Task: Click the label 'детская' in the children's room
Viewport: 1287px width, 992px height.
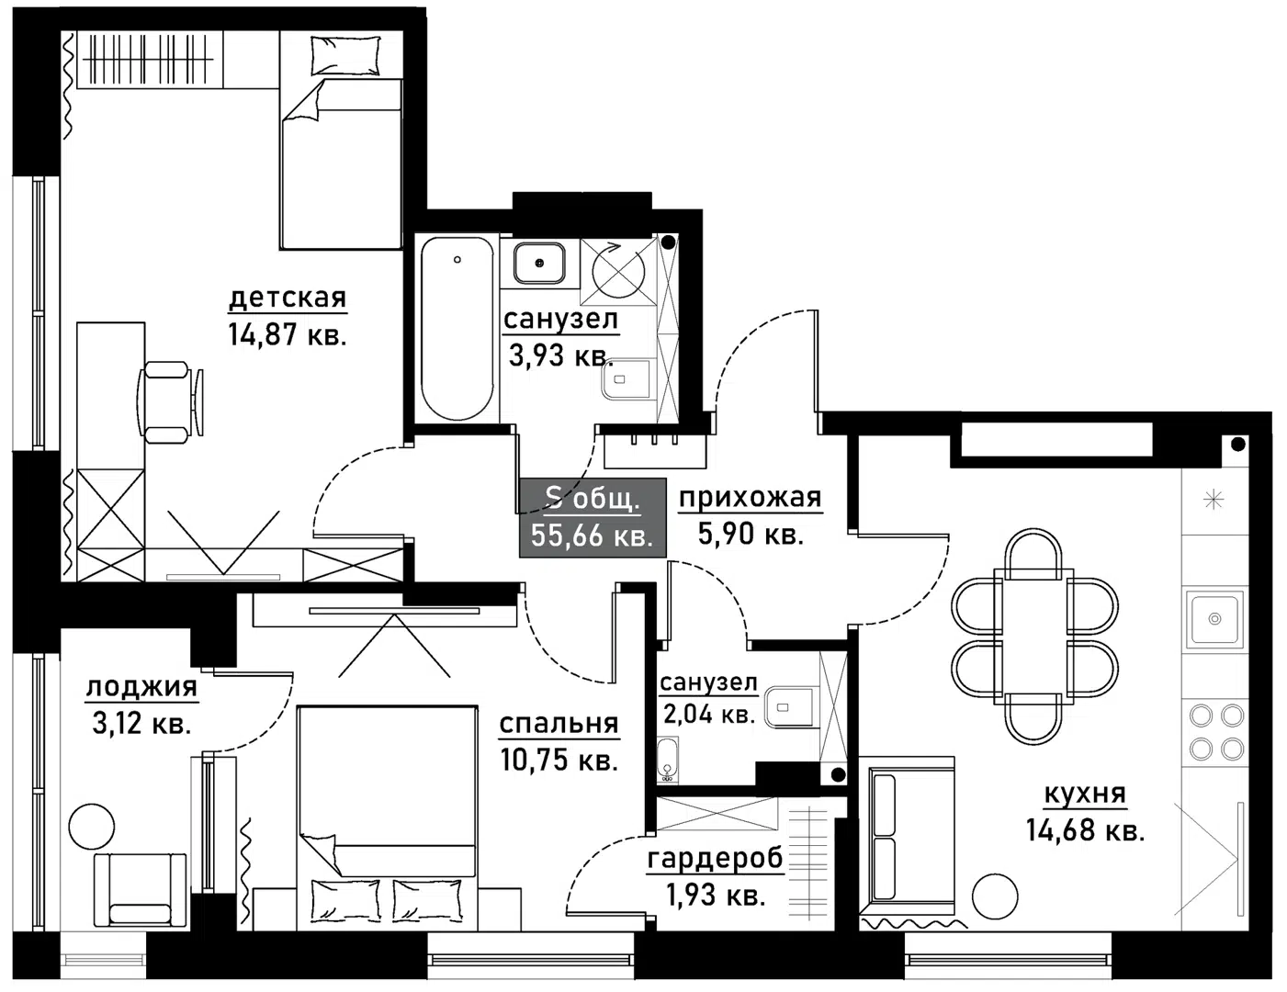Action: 287,298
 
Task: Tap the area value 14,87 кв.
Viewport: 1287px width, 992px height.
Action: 287,334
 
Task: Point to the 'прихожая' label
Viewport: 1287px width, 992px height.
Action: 750,498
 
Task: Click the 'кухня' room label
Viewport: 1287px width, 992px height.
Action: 1085,794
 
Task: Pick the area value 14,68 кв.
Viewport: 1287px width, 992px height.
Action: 1085,831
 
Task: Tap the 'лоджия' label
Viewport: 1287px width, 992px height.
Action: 141,687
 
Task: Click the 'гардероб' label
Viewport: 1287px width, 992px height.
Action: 716,859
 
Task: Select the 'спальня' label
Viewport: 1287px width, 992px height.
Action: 559,724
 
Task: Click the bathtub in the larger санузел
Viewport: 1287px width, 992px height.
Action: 457,328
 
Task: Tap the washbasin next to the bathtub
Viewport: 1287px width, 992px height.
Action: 538,263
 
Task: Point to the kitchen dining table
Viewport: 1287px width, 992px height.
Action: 1034,634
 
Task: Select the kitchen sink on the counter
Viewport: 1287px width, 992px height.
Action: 1214,619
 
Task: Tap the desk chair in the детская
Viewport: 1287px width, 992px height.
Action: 170,401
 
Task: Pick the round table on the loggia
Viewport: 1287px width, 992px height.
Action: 94,826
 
